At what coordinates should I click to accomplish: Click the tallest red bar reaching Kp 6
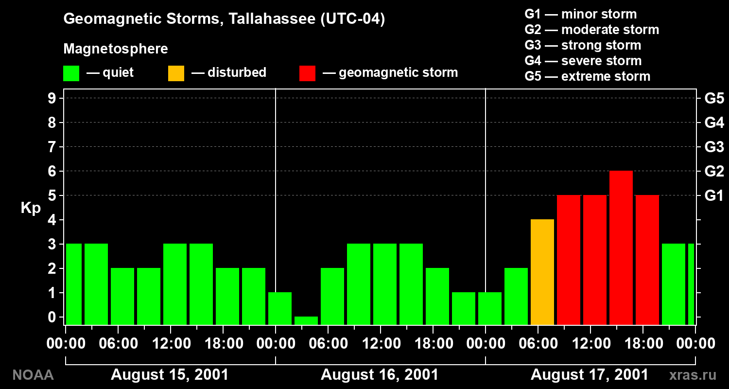pos(621,248)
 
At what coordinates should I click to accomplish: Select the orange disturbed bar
pos(542,272)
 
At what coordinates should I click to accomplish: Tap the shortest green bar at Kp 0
pos(306,320)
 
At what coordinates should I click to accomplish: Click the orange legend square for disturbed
pos(176,73)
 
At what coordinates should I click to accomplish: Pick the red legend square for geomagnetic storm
pos(307,73)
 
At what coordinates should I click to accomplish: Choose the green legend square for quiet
pos(71,73)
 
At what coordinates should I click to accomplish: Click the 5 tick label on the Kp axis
pos(52,195)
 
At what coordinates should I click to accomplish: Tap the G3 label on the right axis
pos(714,147)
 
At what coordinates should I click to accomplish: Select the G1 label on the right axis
pos(714,195)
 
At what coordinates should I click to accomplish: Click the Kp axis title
pos(31,208)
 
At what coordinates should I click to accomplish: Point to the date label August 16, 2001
pos(380,375)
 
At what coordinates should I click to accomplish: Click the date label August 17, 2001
pos(590,375)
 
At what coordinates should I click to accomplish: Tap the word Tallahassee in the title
pos(272,18)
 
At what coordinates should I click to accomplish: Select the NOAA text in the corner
pos(33,375)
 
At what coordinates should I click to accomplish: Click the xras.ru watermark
pos(693,375)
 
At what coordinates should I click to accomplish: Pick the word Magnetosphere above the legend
pos(116,49)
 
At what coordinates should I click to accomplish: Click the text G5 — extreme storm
pos(588,76)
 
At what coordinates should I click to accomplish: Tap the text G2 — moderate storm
pos(591,30)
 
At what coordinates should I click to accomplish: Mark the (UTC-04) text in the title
pos(353,18)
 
